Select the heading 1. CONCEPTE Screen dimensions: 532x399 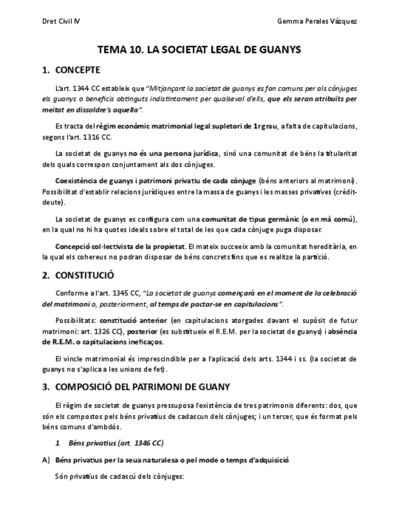[x=70, y=69]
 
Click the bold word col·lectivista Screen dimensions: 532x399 [x=115, y=247]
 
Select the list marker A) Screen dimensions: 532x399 [x=46, y=460]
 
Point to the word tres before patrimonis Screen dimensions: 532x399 [x=257, y=405]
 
